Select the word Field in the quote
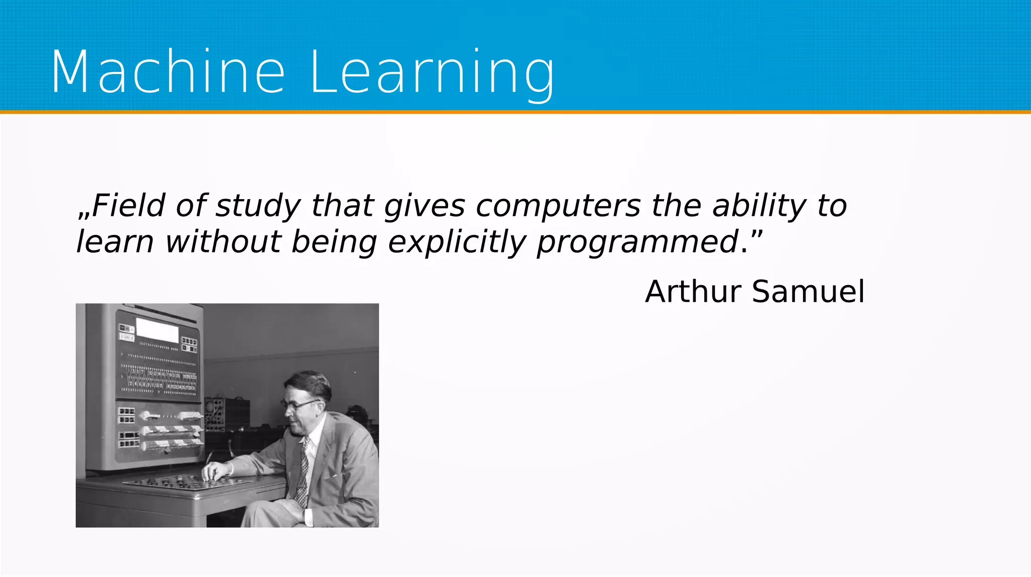coord(128,206)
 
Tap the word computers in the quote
coord(558,206)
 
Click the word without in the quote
coord(223,242)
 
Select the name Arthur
coord(694,291)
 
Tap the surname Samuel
coord(808,291)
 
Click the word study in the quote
coord(258,206)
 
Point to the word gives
coord(424,206)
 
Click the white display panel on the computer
coord(158,330)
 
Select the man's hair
coord(312,382)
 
